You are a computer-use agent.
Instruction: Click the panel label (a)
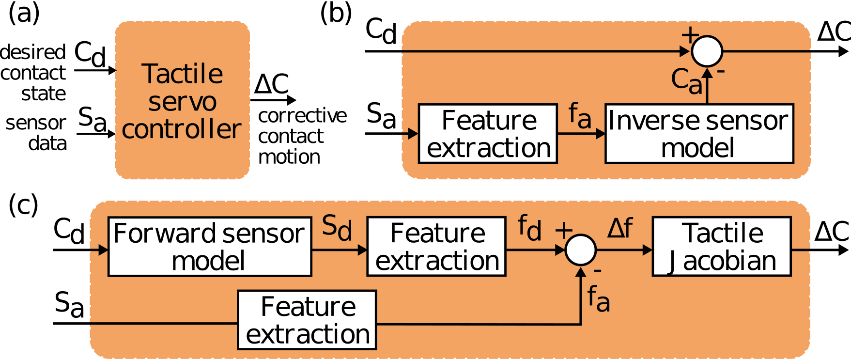[x=23, y=13]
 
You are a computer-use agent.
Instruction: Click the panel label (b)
[x=336, y=13]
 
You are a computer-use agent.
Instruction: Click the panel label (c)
[x=23, y=205]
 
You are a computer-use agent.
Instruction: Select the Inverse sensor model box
[x=698, y=134]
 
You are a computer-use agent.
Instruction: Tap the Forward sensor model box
[x=209, y=247]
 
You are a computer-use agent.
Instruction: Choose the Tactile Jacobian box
[x=722, y=247]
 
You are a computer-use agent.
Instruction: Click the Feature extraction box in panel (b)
[x=488, y=134]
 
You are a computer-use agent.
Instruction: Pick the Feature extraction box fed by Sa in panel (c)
[x=307, y=320]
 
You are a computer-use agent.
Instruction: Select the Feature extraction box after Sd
[x=436, y=247]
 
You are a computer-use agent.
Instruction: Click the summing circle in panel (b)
[x=707, y=51]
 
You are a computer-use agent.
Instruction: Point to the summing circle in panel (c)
[x=581, y=250]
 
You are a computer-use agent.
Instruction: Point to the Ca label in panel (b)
[x=687, y=80]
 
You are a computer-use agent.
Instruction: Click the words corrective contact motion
[x=301, y=136]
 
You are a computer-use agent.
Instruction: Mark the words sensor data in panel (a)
[x=37, y=133]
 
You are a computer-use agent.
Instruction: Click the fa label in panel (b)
[x=579, y=115]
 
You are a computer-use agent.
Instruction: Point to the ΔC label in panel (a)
[x=272, y=84]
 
